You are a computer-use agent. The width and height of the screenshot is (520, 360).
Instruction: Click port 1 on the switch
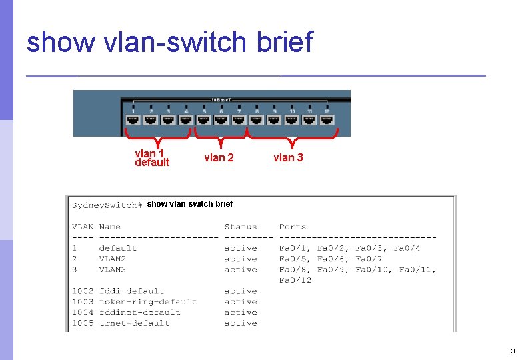pos(133,119)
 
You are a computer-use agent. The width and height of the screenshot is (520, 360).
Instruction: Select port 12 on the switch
pos(327,119)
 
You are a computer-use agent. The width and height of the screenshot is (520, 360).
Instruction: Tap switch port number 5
pos(203,119)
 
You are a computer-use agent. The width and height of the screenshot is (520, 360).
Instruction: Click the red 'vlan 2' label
pos(219,158)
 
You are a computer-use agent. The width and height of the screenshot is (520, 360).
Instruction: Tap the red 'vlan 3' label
pos(288,158)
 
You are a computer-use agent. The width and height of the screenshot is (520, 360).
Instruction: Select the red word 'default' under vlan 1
pos(152,163)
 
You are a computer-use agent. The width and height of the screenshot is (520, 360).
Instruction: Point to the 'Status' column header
pos(240,227)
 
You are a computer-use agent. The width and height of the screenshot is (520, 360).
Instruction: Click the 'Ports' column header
pos(293,227)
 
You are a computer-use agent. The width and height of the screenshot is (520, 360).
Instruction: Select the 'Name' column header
pos(110,227)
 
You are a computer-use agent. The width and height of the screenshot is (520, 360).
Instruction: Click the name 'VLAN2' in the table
pos(112,259)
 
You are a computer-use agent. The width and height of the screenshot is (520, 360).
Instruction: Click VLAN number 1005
pos(83,323)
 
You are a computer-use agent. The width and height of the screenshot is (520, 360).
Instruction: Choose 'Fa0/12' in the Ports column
pos(295,280)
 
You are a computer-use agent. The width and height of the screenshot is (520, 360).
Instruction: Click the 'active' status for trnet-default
pos(241,323)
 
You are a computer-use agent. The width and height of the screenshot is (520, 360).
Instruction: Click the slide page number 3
pos(512,351)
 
